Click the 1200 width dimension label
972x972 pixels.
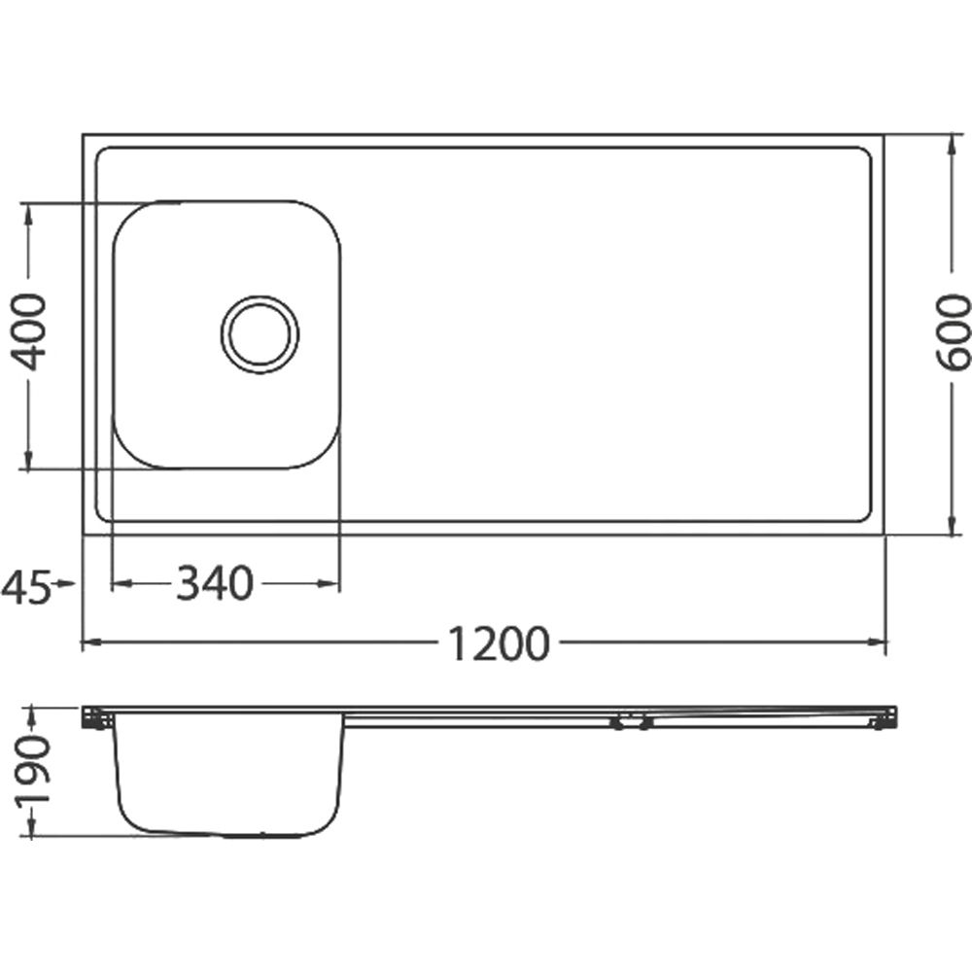click(498, 642)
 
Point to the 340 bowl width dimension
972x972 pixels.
click(215, 583)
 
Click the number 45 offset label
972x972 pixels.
click(25, 588)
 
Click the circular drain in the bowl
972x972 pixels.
click(260, 334)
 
